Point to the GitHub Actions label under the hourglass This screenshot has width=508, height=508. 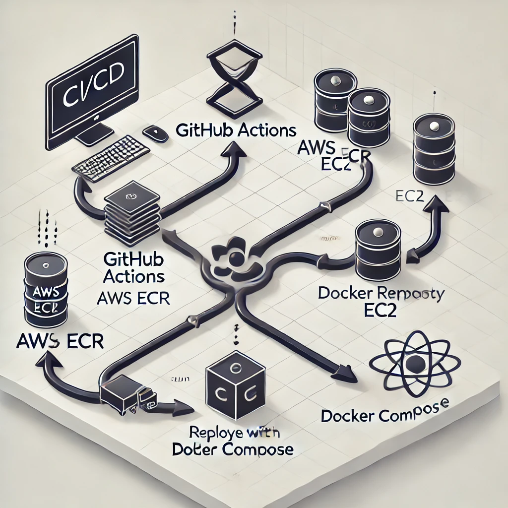click(x=236, y=131)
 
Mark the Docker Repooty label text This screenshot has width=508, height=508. click(x=381, y=293)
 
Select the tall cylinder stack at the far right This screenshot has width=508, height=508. click(x=434, y=149)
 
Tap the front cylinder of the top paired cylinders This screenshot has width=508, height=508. click(x=368, y=117)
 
